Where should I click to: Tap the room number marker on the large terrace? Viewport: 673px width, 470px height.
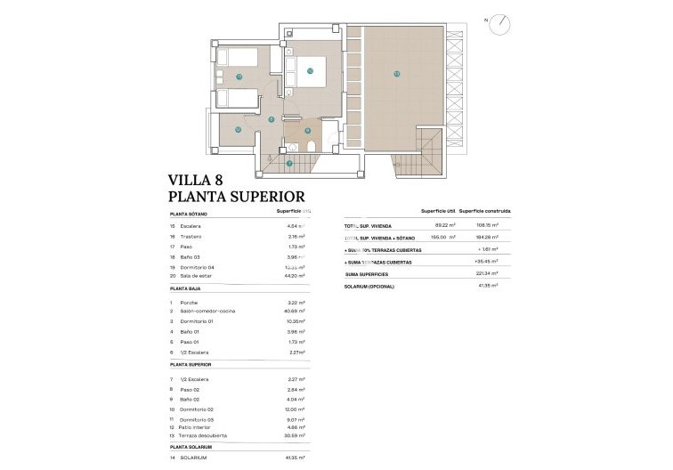pyautogui.click(x=396, y=73)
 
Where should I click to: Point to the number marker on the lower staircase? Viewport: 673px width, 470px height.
pyautogui.click(x=288, y=163)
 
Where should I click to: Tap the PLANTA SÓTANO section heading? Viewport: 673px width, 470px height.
pyautogui.click(x=190, y=215)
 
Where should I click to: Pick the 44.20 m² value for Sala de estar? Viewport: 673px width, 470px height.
pyautogui.click(x=293, y=277)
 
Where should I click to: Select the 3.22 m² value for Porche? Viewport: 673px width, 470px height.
pyautogui.click(x=296, y=303)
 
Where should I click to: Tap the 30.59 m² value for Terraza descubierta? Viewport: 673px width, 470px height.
pyautogui.click(x=293, y=435)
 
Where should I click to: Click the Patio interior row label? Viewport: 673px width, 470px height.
pyautogui.click(x=197, y=427)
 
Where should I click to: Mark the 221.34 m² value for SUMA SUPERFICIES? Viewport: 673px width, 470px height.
pyautogui.click(x=485, y=274)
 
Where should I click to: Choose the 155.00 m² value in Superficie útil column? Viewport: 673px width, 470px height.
pyautogui.click(x=442, y=238)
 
